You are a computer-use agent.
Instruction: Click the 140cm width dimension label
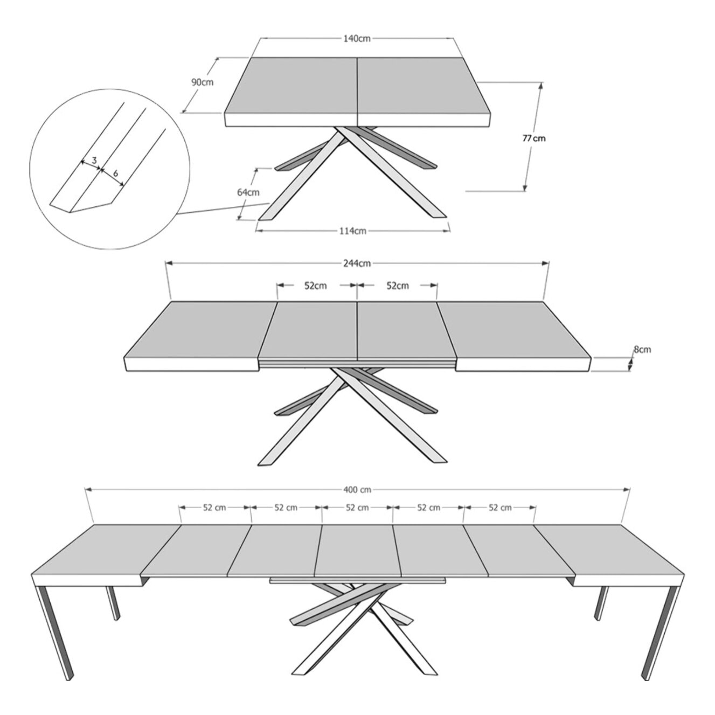pyautogui.click(x=357, y=39)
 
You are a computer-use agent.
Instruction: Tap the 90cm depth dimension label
pyautogui.click(x=202, y=82)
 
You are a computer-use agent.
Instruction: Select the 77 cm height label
pyautogui.click(x=533, y=138)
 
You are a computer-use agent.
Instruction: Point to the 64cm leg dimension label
pyautogui.click(x=248, y=192)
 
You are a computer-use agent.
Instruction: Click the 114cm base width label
pyautogui.click(x=353, y=231)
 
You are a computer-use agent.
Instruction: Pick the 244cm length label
pyautogui.click(x=357, y=263)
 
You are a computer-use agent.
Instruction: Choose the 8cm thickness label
pyautogui.click(x=642, y=350)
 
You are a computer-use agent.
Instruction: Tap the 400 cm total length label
pyautogui.click(x=357, y=490)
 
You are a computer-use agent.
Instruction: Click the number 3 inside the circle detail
pyautogui.click(x=94, y=161)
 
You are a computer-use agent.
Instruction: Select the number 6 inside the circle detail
pyautogui.click(x=115, y=173)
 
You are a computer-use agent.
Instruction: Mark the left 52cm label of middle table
pyautogui.click(x=316, y=286)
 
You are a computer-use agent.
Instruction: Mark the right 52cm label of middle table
pyautogui.click(x=398, y=286)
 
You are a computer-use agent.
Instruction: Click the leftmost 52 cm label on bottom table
pyautogui.click(x=214, y=508)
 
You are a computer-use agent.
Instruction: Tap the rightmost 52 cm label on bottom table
pyautogui.click(x=499, y=508)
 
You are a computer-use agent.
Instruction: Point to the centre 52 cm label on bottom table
pyautogui.click(x=357, y=508)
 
